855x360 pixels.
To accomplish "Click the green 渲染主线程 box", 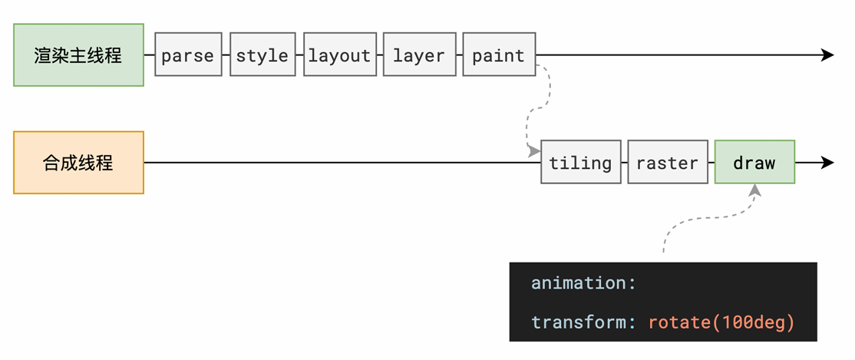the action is [78, 54].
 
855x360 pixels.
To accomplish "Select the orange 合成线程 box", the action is [78, 163].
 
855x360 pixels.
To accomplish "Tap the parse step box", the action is [188, 54].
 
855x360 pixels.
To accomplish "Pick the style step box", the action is [262, 54].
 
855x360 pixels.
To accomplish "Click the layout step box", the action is [340, 54].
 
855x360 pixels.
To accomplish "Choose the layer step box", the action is [419, 54].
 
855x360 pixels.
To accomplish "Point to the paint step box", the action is [499, 54].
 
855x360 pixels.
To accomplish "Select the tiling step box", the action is [581, 162].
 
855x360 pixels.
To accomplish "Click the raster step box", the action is [668, 162].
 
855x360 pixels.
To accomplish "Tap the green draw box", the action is [754, 162].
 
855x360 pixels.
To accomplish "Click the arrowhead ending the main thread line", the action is [827, 54].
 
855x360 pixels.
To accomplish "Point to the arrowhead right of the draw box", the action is [827, 163].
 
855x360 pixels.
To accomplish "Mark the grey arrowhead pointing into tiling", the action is [534, 151].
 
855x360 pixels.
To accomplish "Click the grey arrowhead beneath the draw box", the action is [754, 190].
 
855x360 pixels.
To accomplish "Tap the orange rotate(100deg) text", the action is [721, 322].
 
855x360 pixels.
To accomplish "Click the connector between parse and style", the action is [226, 54].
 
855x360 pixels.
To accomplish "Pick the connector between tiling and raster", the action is [624, 163].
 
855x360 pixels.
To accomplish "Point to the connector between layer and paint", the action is [459, 54].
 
